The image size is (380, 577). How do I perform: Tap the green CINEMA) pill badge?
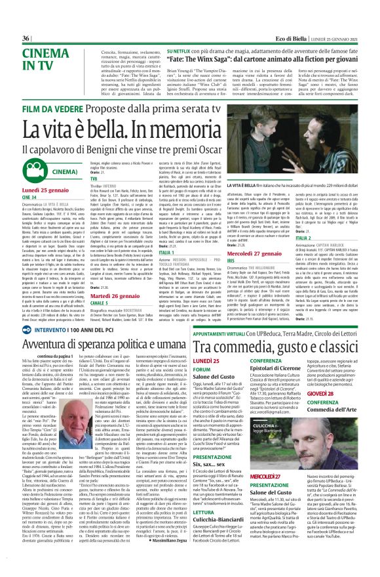[x=53, y=171]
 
